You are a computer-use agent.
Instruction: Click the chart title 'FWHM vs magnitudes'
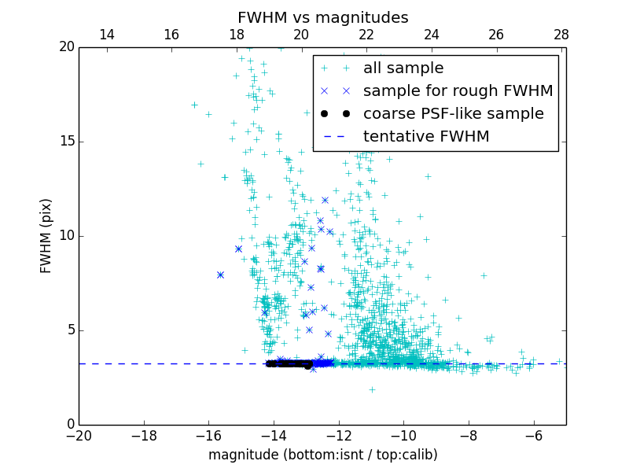pos(322,17)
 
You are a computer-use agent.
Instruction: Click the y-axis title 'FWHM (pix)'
pos(46,235)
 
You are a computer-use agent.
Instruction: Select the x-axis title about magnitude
pos(322,455)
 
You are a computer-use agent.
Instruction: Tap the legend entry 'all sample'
pos(403,68)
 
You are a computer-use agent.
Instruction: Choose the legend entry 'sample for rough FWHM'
pos(458,90)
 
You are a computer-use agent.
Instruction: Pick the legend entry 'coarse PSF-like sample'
pos(453,113)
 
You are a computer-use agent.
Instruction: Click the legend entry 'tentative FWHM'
pos(426,136)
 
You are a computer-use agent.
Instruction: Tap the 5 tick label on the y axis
pos(69,330)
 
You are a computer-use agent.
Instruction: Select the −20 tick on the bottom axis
pos(79,435)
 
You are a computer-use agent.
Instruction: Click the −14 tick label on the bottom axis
pos(274,435)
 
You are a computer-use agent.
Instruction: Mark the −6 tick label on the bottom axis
pos(533,435)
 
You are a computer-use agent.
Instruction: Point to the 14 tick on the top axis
pos(106,35)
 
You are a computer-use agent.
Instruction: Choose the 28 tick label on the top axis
pos(561,35)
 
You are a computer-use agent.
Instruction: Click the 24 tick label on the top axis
pos(431,35)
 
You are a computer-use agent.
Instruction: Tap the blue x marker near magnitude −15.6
pos(220,275)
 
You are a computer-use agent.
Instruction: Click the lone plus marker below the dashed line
pos(372,389)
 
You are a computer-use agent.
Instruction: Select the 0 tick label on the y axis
pos(69,424)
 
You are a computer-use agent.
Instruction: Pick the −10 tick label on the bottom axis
pos(403,435)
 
